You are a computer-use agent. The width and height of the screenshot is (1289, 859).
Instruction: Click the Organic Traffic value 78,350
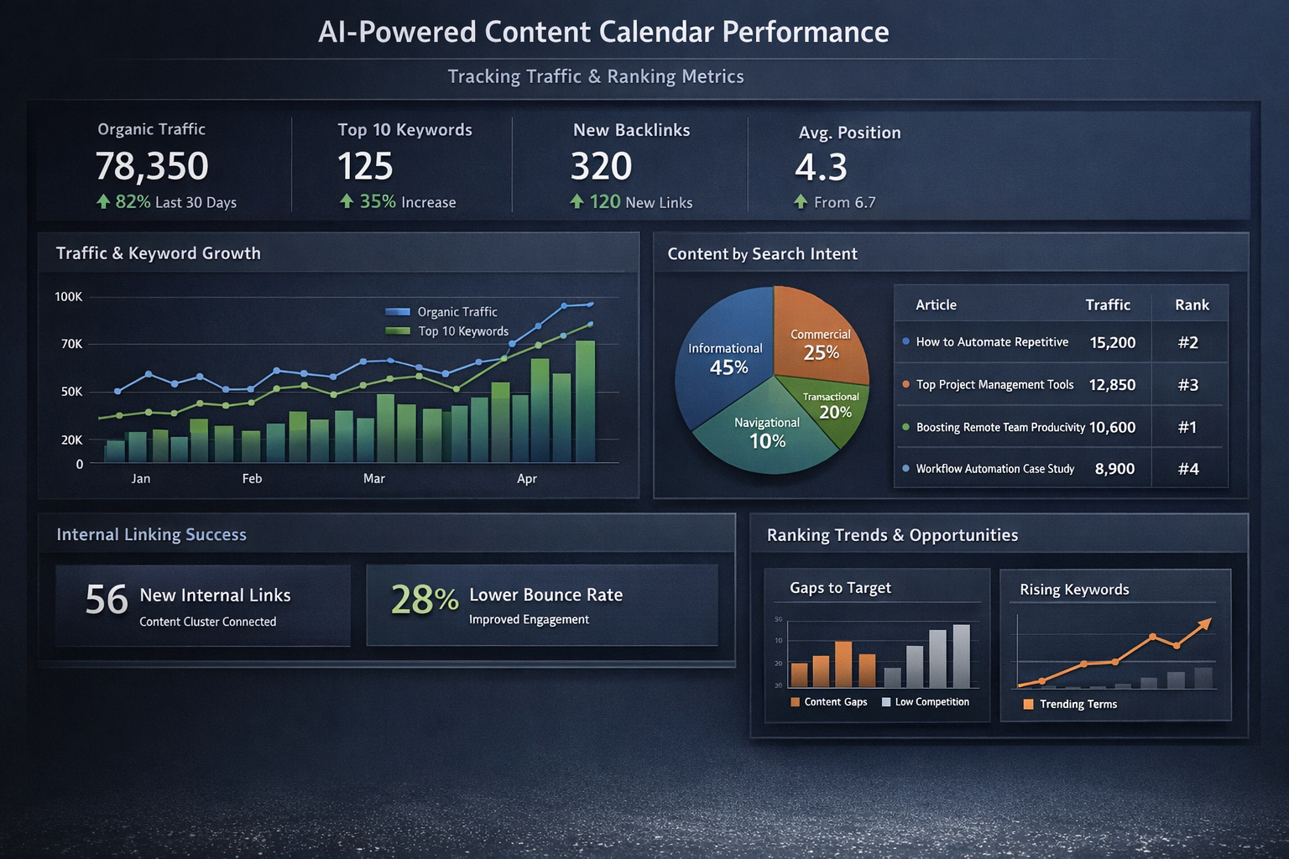tap(152, 166)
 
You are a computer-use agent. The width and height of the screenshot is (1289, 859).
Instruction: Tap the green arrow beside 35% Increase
tap(347, 201)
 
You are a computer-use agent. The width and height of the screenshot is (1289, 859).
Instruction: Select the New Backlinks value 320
tap(601, 166)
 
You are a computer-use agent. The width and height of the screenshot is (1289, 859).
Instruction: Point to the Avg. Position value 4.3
tap(821, 167)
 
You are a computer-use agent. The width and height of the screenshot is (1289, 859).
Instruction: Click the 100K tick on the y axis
tap(69, 297)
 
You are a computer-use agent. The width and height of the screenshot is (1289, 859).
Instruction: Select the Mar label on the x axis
tap(374, 479)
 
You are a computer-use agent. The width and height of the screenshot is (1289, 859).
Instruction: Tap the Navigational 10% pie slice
tap(765, 436)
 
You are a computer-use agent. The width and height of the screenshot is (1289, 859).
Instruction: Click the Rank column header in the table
tap(1192, 305)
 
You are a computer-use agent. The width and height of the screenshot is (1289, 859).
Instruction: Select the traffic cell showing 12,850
tap(1112, 385)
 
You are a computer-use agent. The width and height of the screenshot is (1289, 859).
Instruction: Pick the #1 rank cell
tap(1187, 427)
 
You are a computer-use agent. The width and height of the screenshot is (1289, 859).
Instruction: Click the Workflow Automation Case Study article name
tap(994, 469)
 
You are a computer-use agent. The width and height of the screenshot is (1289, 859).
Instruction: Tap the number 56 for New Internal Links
tap(107, 600)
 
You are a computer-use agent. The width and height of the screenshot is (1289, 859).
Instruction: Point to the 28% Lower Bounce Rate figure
tap(425, 600)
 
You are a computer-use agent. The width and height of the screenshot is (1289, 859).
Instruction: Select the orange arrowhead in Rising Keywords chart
tap(1205, 623)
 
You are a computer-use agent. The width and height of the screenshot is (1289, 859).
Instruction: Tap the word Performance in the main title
tap(805, 32)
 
